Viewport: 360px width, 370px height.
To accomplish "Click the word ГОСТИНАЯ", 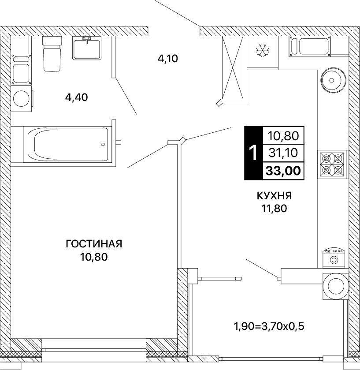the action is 94,244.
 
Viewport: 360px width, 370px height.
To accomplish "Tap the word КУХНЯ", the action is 274,196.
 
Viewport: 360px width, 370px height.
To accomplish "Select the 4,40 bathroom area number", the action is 76,97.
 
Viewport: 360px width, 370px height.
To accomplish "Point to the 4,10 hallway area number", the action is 167,59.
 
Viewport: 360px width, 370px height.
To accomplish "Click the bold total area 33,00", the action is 283,171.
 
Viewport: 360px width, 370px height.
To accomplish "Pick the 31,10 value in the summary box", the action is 283,153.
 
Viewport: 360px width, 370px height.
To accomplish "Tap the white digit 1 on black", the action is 253,153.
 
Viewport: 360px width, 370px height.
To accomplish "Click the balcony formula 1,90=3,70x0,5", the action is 269,326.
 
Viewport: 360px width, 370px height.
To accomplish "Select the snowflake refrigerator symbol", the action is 263,50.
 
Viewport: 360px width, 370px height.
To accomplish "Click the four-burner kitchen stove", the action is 332,164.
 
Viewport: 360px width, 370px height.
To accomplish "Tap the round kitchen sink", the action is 333,80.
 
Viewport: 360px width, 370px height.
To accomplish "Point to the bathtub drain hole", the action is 103,144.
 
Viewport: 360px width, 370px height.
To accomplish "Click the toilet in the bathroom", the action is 52,54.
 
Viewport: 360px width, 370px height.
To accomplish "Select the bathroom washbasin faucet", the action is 87,39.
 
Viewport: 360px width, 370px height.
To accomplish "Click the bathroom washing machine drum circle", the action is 21,99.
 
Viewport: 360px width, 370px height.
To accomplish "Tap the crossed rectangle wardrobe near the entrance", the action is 233,67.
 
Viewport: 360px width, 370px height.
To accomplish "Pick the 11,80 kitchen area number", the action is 274,208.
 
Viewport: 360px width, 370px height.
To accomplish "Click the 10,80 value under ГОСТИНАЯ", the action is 94,257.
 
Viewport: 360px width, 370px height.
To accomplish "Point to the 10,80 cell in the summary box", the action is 283,136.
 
